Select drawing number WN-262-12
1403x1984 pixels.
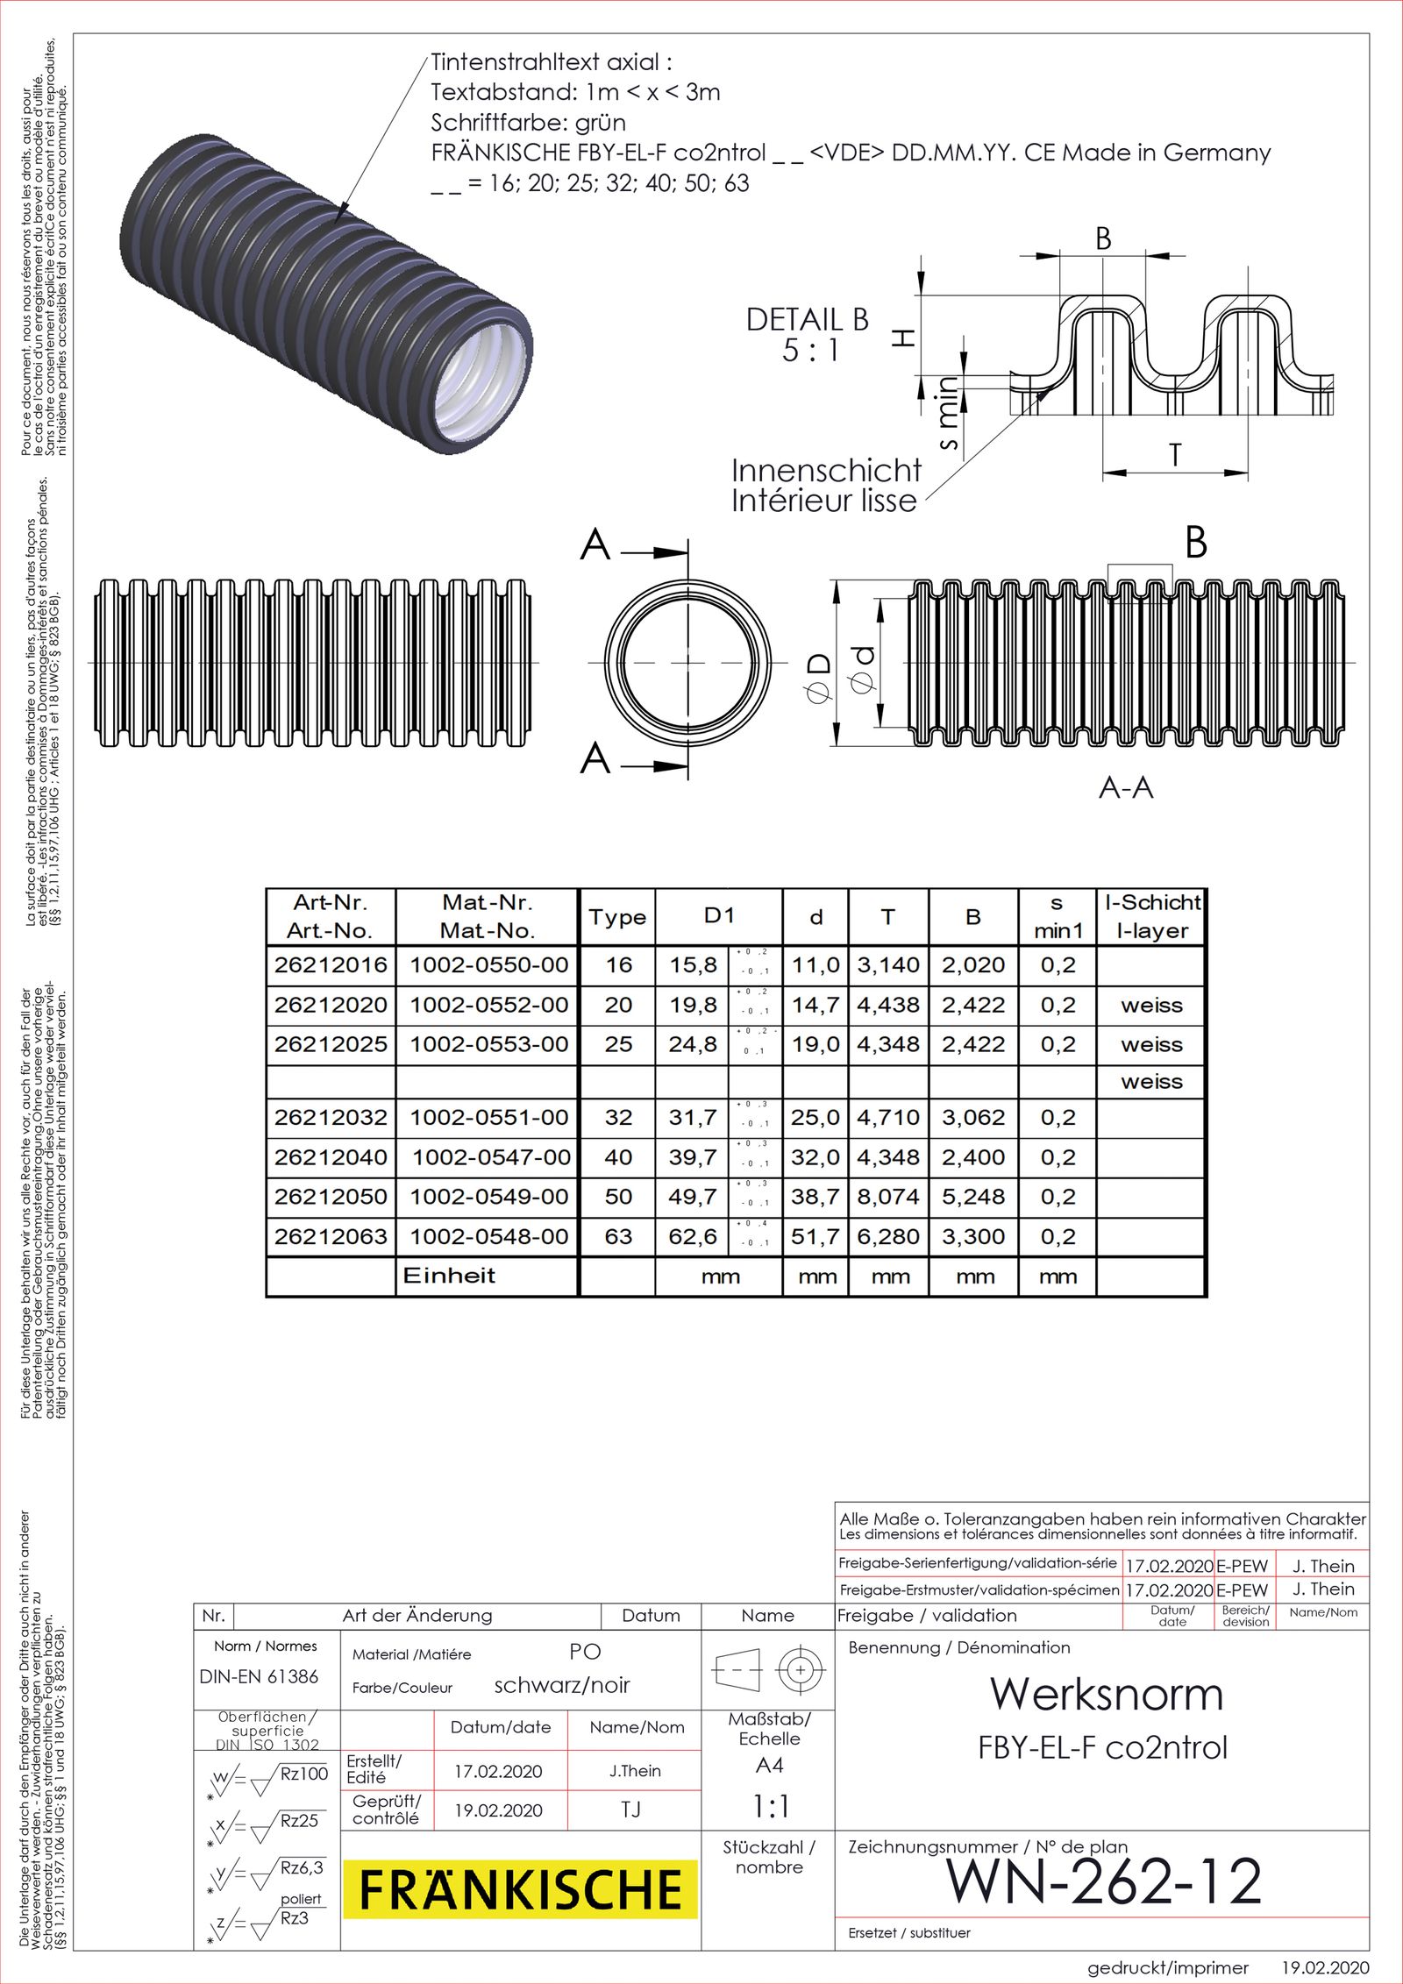pos(1103,1881)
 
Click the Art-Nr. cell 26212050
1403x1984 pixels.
pos(330,1197)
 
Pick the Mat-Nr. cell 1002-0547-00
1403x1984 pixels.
pos(490,1157)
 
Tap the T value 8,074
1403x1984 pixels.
pos(887,1197)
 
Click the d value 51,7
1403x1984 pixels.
pos(815,1237)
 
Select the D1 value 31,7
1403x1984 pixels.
pos(692,1118)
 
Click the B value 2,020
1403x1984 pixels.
pos(972,965)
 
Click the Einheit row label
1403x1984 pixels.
pos(449,1276)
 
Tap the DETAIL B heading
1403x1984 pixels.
pos(807,320)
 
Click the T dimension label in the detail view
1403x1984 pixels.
pos(1174,456)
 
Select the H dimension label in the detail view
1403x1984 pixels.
pos(903,338)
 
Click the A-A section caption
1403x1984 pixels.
pos(1126,788)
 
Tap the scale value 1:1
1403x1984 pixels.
pos(769,1806)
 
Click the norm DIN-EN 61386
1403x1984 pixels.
pos(259,1676)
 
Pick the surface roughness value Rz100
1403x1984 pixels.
pos(303,1774)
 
